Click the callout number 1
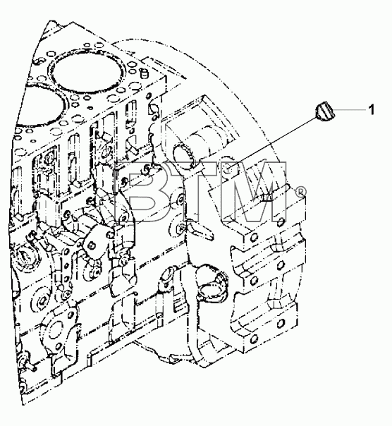tap(371, 109)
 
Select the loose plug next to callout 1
tap(325, 111)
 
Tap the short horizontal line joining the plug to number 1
tap(350, 109)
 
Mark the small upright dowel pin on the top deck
tap(145, 73)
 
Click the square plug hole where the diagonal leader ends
tap(231, 172)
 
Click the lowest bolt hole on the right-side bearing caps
tap(253, 339)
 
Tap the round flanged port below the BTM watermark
tap(213, 284)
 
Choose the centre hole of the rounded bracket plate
tap(92, 245)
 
